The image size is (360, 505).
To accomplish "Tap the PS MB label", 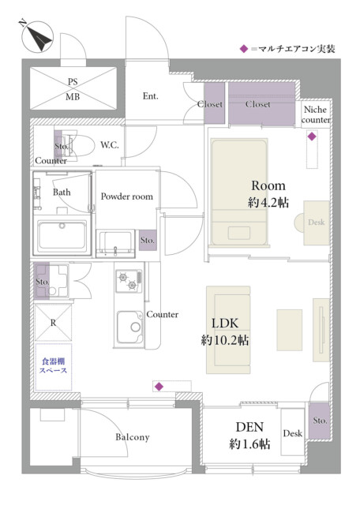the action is point(73,89).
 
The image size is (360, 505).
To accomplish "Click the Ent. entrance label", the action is point(151,96).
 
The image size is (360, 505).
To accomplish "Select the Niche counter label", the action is point(316,114).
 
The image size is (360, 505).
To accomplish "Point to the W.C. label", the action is point(109,145).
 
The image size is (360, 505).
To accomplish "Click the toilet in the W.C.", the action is point(79,146).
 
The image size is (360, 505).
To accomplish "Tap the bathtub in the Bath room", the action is point(62,235).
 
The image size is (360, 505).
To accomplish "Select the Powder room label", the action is point(126,196).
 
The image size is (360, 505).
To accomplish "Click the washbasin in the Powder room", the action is point(115,244).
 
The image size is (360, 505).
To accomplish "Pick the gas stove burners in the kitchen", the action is point(129,281).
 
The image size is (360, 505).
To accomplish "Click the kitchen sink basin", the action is point(130,327).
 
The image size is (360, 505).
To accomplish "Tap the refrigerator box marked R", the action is point(53,323).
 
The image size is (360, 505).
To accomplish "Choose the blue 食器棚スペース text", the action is point(54,365).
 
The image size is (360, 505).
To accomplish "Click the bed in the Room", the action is point(239,193).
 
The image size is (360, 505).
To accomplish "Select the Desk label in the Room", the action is point(316,222).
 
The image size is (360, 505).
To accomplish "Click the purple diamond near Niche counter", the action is point(312,137).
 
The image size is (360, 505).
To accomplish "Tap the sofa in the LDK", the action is point(228,330).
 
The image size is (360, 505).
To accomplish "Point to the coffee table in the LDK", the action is point(290,330).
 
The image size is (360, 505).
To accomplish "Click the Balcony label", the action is point(133,437).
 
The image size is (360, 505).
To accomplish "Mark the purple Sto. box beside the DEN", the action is point(319,421).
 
